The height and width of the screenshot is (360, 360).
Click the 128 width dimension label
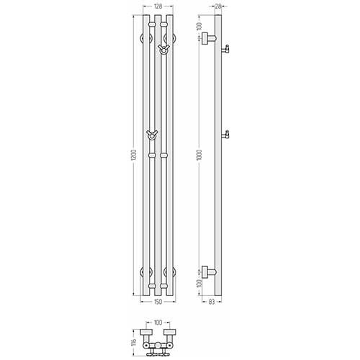pyautogui.click(x=158, y=6)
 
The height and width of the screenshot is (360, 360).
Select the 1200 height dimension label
pyautogui.click(x=134, y=155)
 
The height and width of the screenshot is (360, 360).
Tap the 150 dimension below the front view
pyautogui.click(x=158, y=302)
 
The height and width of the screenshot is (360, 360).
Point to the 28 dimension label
pyautogui.click(x=218, y=6)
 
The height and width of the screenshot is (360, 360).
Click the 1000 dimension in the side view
pyautogui.click(x=199, y=155)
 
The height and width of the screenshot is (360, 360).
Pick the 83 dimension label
pyautogui.click(x=212, y=302)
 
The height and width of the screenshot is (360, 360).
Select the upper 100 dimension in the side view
pyautogui.click(x=199, y=26)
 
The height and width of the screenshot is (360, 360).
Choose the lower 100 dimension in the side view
pyautogui.click(x=199, y=284)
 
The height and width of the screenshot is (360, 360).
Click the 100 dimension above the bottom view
pyautogui.click(x=158, y=323)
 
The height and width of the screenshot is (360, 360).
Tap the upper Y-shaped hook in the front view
pyautogui.click(x=163, y=49)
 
